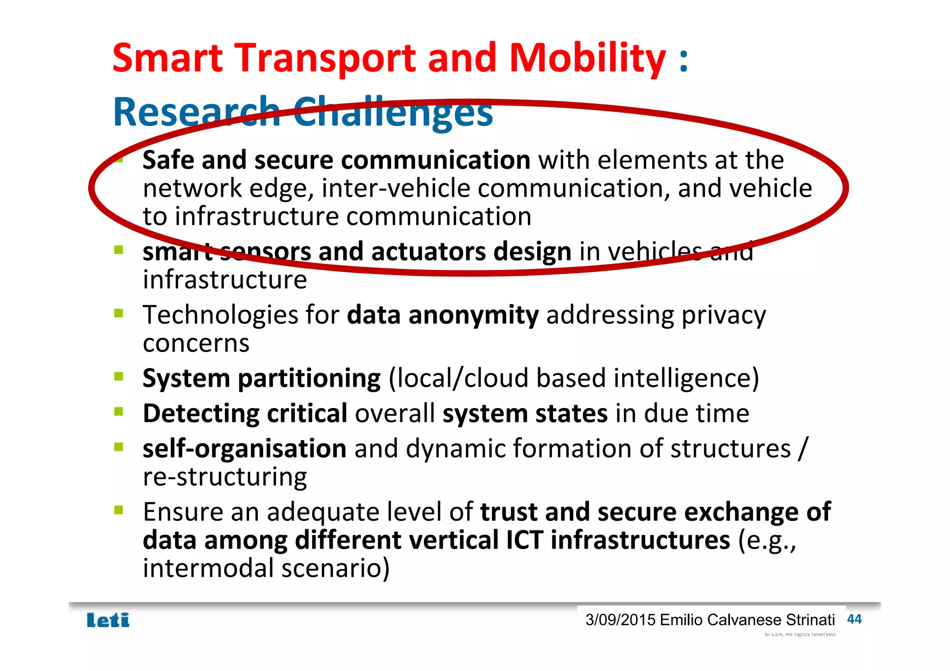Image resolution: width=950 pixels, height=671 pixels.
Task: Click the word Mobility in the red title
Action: tap(587, 58)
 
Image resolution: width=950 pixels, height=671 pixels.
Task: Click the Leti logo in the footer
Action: tap(108, 620)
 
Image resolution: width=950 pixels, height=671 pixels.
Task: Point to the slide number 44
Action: tap(854, 619)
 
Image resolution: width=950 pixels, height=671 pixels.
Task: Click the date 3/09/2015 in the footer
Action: tap(620, 620)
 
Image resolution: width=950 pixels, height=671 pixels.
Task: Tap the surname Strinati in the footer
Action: tap(810, 620)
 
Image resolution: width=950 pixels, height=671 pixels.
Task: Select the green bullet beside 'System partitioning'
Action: tap(119, 376)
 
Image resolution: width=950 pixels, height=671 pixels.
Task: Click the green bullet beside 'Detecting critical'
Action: tap(119, 411)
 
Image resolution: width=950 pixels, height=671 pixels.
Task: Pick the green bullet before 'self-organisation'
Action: tap(119, 447)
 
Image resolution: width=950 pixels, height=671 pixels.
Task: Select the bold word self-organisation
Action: tap(244, 449)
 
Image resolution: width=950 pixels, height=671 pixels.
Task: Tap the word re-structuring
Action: tap(225, 477)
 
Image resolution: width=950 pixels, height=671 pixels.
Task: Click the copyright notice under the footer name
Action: tap(800, 634)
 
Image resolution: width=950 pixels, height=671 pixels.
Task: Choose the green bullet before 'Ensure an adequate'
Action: tap(119, 510)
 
